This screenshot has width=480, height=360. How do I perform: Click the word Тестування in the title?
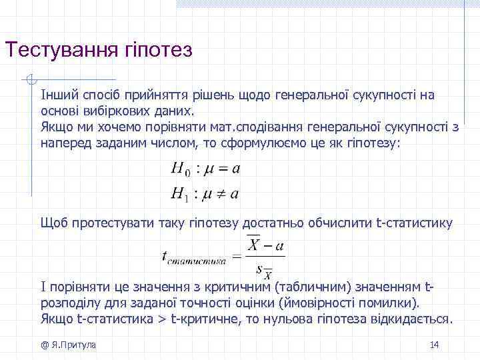click(x=60, y=51)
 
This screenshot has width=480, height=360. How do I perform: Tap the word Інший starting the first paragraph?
click(x=55, y=95)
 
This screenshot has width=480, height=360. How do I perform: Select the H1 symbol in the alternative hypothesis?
click(x=180, y=194)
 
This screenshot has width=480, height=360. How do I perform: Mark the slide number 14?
click(x=434, y=344)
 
